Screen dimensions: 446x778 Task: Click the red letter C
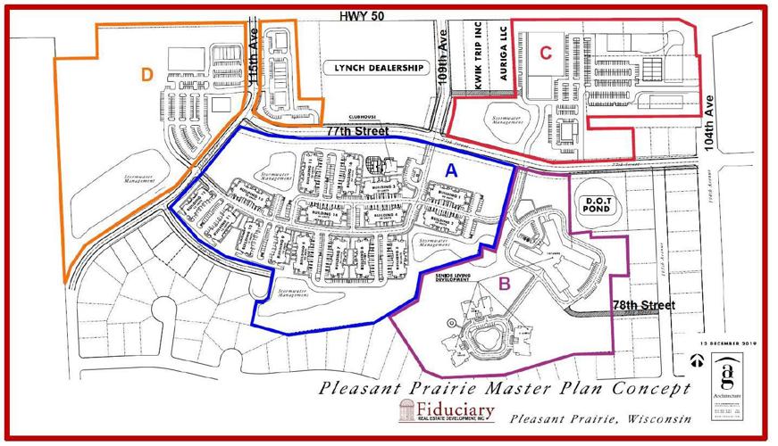pyautogui.click(x=545, y=52)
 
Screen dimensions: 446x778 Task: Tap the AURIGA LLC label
pyautogui.click(x=503, y=60)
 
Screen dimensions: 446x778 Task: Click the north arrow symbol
pyautogui.click(x=697, y=363)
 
